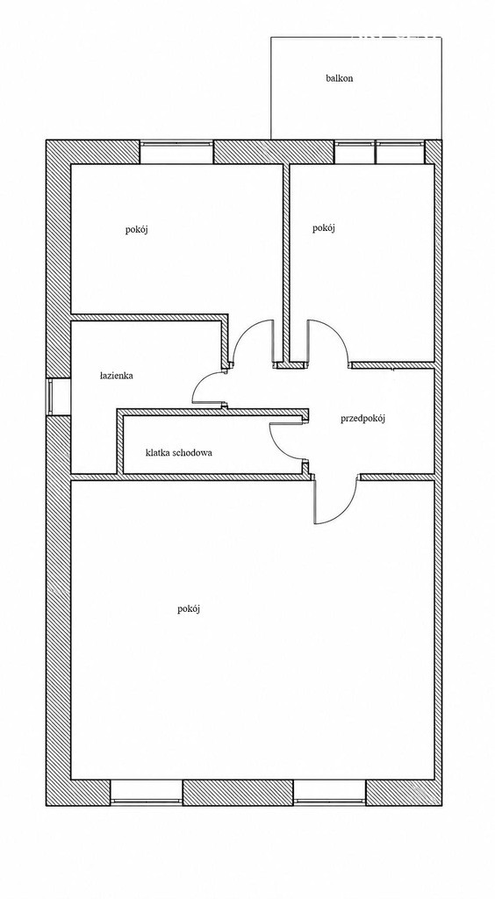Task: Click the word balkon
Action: (x=339, y=78)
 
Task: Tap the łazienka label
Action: (x=117, y=376)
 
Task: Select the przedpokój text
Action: (x=362, y=419)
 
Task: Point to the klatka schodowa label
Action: (x=179, y=452)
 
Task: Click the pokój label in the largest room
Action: (x=189, y=609)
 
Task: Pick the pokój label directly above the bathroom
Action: (x=138, y=230)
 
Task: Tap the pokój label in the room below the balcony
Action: (x=324, y=228)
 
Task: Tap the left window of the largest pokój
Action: (x=146, y=793)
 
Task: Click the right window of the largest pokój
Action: (x=329, y=793)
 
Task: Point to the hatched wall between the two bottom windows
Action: (x=238, y=793)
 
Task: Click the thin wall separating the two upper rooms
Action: (x=286, y=263)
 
